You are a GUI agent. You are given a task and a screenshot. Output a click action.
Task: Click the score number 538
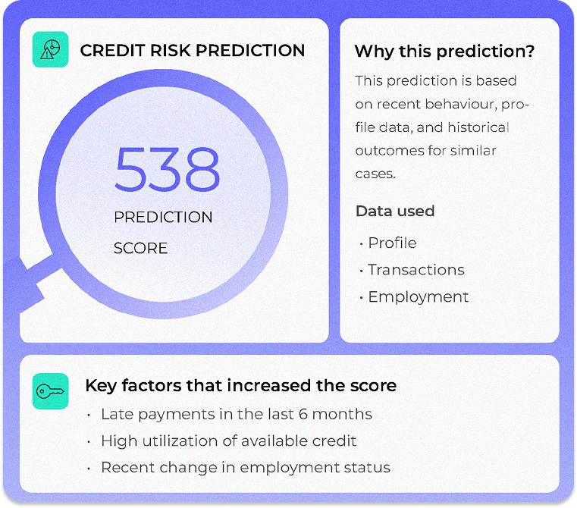tap(167, 168)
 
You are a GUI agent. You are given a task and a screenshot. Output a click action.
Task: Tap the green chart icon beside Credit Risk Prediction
tap(51, 51)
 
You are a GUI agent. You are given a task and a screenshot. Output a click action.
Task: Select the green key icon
tap(51, 391)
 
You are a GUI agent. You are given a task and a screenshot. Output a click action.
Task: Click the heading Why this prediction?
tap(444, 52)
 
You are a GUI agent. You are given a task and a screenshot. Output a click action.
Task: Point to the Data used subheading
tap(394, 211)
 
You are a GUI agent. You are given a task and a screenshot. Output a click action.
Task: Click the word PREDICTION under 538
tap(163, 217)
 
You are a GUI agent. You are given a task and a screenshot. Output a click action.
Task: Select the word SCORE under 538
tap(140, 248)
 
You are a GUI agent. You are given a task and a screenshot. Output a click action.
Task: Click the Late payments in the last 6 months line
tap(236, 414)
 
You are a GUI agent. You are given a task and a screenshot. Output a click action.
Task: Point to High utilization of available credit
tap(228, 441)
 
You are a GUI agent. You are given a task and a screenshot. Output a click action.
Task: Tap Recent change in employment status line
tap(245, 467)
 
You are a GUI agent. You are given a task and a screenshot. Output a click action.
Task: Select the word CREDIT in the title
tap(108, 51)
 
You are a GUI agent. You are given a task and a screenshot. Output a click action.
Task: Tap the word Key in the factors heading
tap(99, 385)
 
